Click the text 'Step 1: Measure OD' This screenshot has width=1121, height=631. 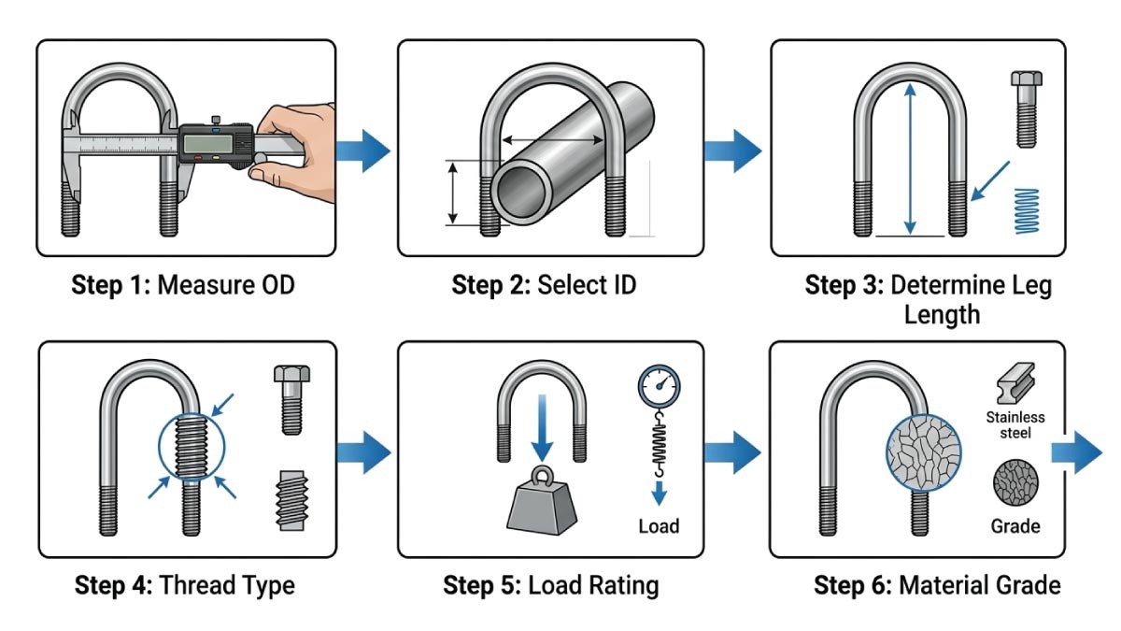coord(183,284)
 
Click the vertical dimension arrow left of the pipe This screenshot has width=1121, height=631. coord(452,193)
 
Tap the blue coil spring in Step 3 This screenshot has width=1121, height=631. coord(1026,210)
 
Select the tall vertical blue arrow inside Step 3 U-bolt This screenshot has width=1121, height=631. coord(911,159)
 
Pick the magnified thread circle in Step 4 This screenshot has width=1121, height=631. coord(191,447)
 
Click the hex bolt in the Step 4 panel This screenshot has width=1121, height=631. coord(291,399)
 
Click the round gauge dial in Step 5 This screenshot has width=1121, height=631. coord(660,384)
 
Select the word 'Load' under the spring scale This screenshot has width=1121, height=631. coord(659,526)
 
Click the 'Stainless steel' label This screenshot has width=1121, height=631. coord(1015,425)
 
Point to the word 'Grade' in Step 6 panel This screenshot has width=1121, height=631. coord(1015,526)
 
